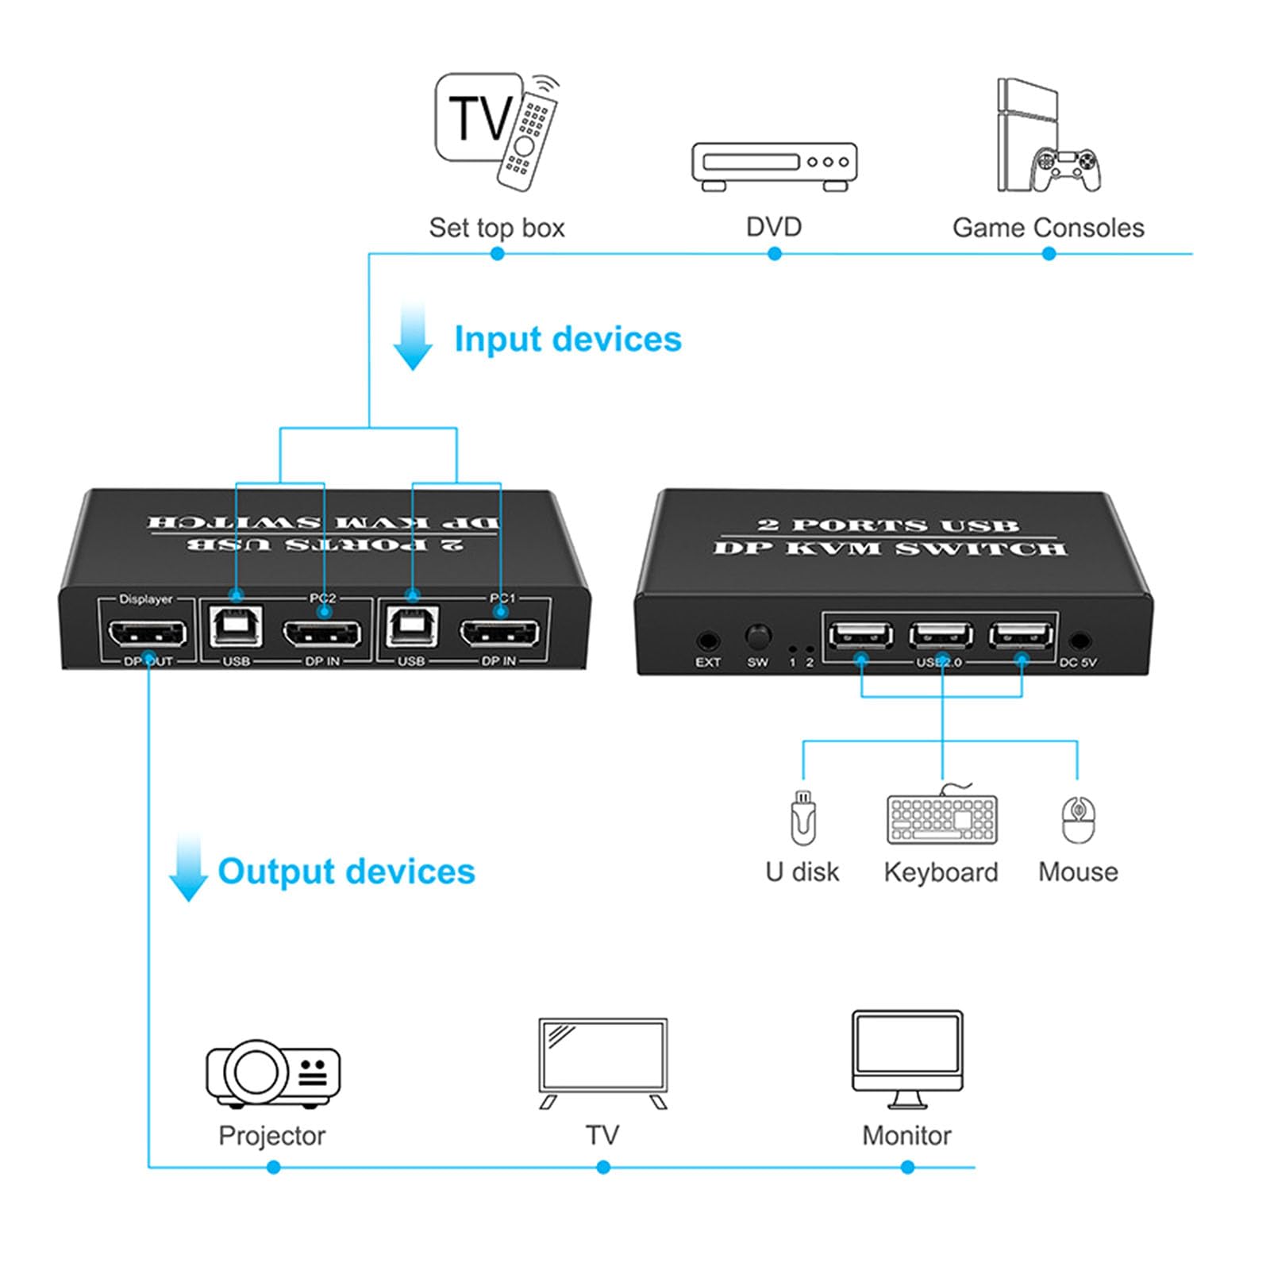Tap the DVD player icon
click(x=774, y=166)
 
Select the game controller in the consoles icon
click(x=1065, y=170)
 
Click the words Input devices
click(x=568, y=339)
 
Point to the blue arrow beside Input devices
click(x=413, y=337)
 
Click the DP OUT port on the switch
click(x=148, y=633)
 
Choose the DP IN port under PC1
click(x=499, y=633)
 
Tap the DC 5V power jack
click(x=1078, y=641)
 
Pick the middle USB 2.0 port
click(x=941, y=636)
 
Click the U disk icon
click(x=802, y=818)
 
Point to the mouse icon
click(x=1078, y=820)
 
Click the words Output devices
click(x=346, y=872)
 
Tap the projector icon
click(x=272, y=1073)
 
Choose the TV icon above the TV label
click(x=603, y=1061)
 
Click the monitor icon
click(x=907, y=1058)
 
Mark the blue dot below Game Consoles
click(x=1049, y=254)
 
